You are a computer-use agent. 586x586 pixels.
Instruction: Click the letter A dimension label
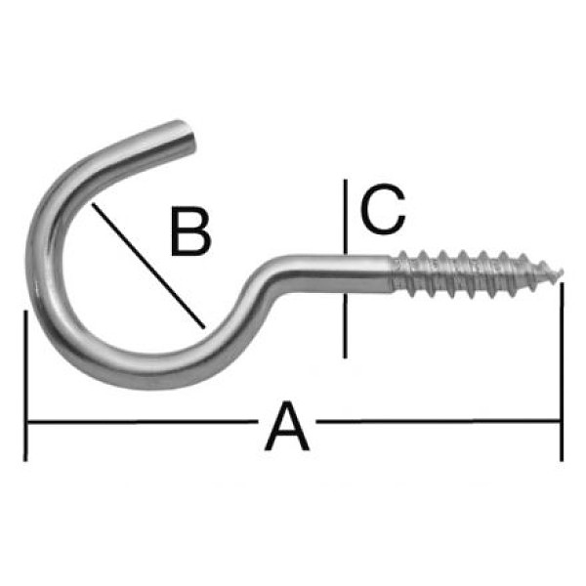pyautogui.click(x=287, y=427)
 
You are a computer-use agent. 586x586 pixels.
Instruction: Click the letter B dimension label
pyautogui.click(x=191, y=230)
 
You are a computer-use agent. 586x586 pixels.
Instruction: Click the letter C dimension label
pyautogui.click(x=383, y=209)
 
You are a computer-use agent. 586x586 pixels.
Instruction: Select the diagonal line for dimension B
pyautogui.click(x=148, y=266)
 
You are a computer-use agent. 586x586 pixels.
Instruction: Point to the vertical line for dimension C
pyautogui.click(x=346, y=270)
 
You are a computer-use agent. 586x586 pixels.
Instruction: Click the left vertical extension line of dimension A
pyautogui.click(x=25, y=386)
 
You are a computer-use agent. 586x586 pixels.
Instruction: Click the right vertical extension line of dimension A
pyautogui.click(x=562, y=372)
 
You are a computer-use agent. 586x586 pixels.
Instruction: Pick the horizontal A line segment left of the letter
pyautogui.click(x=144, y=422)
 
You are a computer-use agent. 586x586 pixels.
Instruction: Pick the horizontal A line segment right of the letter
pyautogui.click(x=438, y=421)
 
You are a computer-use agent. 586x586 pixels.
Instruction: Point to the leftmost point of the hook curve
pyautogui.click(x=31, y=258)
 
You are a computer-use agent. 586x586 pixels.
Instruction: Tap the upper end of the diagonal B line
pyautogui.click(x=93, y=203)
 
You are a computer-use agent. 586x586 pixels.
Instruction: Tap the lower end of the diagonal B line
pyautogui.click(x=204, y=328)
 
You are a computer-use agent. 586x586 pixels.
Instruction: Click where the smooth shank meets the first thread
pyautogui.click(x=392, y=273)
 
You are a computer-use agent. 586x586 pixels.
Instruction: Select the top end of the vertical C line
pyautogui.click(x=346, y=180)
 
